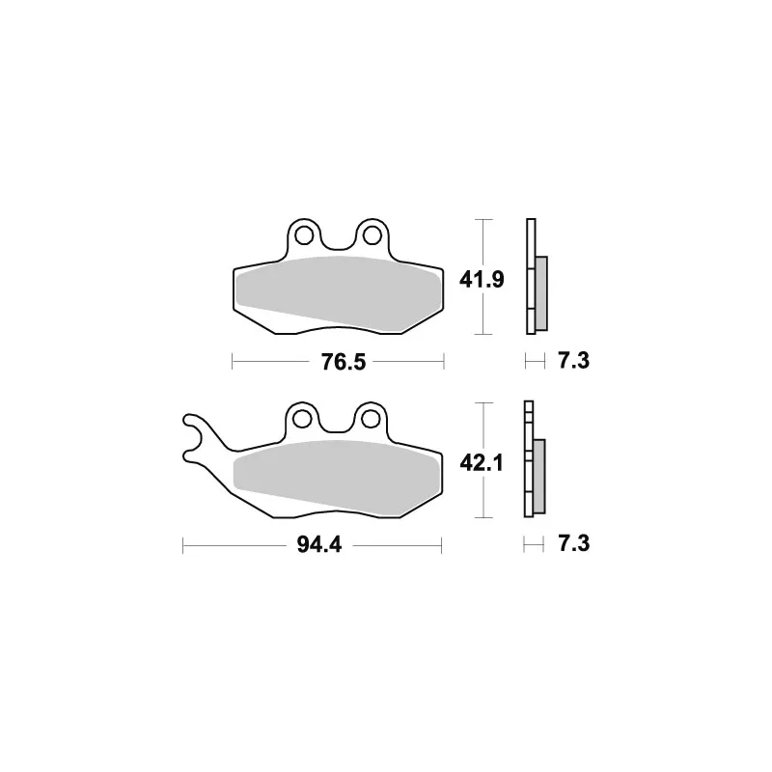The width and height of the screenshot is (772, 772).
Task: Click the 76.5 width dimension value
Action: point(344,362)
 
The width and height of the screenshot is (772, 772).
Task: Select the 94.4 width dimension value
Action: point(319,545)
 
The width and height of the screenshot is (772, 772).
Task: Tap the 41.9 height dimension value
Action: point(482,280)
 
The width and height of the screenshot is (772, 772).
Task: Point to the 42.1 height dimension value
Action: point(482,463)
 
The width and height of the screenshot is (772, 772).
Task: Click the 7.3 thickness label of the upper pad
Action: point(573,361)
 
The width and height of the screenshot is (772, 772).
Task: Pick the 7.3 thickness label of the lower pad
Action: point(573,544)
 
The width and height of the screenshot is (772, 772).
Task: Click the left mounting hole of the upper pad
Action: point(304,235)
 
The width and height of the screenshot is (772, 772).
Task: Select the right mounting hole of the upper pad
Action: point(372,235)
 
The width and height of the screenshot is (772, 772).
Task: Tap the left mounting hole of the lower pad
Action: point(302,419)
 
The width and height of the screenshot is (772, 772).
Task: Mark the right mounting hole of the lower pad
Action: point(371,419)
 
